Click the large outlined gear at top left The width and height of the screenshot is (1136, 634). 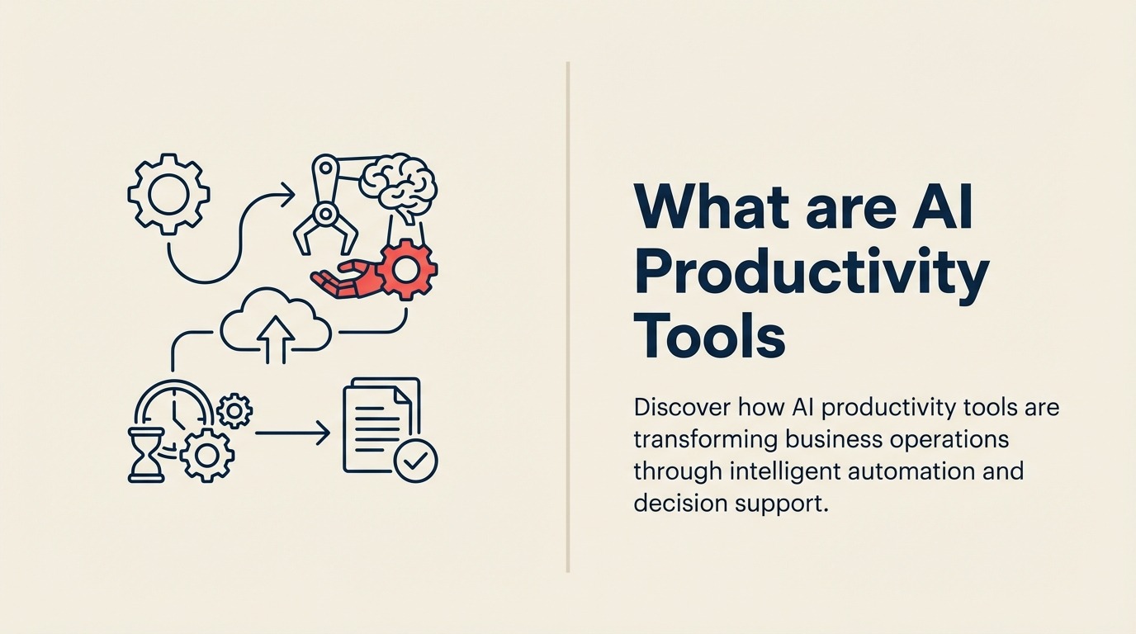coord(168,194)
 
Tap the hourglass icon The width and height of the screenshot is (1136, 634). coord(147,454)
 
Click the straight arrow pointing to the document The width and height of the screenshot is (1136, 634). coord(292,432)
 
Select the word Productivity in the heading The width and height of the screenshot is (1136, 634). coord(811,275)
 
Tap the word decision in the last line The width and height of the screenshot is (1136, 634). coord(678,503)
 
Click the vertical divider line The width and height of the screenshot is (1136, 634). coord(568,317)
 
